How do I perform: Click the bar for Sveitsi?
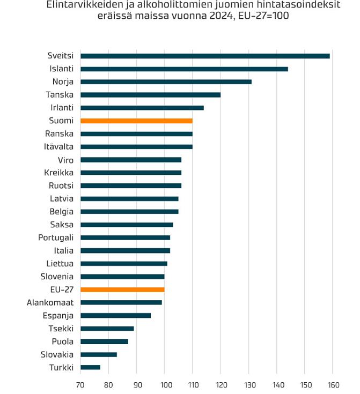click(205, 56)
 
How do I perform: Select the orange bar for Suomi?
click(137, 121)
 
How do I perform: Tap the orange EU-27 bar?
click(122, 289)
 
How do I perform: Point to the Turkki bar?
click(90, 367)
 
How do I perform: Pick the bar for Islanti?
click(184, 69)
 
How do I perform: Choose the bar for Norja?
click(166, 82)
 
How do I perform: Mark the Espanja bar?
click(115, 316)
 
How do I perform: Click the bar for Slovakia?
click(99, 354)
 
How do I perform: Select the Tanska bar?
click(150, 95)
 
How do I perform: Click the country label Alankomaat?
click(50, 302)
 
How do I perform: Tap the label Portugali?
click(56, 238)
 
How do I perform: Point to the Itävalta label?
click(58, 146)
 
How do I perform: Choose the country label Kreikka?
click(58, 173)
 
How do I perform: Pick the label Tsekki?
click(61, 329)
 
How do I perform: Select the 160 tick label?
click(334, 385)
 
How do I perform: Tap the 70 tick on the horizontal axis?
click(80, 385)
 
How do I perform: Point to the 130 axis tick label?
click(250, 385)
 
